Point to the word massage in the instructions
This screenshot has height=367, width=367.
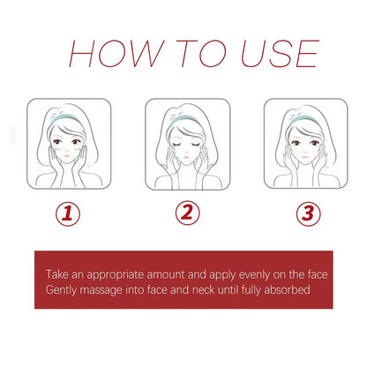point(107,288)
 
